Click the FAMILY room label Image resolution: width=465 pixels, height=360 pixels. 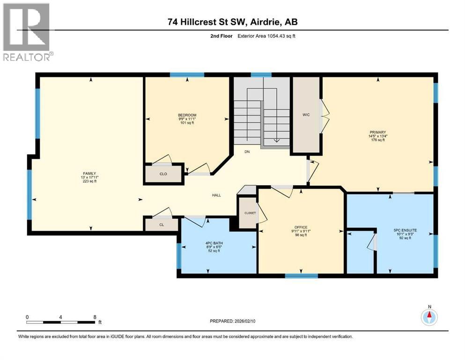(89, 173)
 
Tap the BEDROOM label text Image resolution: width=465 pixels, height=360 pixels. (187, 115)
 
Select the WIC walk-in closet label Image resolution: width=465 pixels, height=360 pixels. (306, 115)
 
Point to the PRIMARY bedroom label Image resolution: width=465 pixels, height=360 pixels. (378, 132)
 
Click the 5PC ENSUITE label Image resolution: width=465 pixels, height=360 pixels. (405, 230)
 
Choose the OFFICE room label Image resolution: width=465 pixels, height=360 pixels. (301, 227)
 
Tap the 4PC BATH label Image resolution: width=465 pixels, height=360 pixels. (214, 243)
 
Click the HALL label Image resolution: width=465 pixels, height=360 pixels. (216, 195)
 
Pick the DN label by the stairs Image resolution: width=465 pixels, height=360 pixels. (247, 152)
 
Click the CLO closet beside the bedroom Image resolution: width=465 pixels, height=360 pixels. (163, 174)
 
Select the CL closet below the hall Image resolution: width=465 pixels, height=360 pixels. (162, 225)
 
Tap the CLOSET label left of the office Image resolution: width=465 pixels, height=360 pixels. (250, 213)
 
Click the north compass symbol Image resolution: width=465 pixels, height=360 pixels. (429, 317)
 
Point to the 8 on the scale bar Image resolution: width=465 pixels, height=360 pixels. (95, 317)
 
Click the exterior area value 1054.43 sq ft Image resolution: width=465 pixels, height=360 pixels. (281, 36)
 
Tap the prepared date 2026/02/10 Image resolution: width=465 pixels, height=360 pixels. (245, 321)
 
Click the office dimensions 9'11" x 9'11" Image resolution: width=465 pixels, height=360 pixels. (301, 231)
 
